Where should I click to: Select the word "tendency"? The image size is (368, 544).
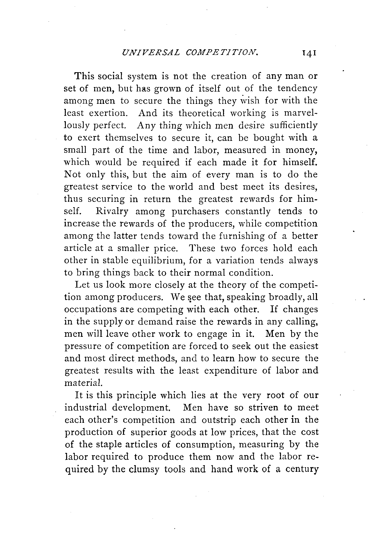pyautogui.click(x=297, y=88)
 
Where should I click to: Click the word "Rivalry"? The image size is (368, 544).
pyautogui.click(x=112, y=211)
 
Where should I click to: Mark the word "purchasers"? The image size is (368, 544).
pyautogui.click(x=195, y=212)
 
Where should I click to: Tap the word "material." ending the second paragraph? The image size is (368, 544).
pyautogui.click(x=80, y=383)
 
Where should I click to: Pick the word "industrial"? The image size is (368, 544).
pyautogui.click(x=85, y=407)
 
